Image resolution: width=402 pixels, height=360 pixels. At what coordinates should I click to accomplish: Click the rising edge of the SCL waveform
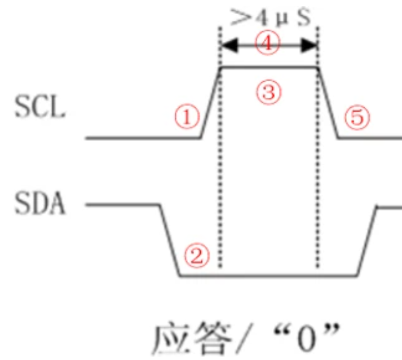click(211, 102)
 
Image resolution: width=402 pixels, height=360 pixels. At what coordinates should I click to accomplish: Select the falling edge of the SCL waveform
click(328, 102)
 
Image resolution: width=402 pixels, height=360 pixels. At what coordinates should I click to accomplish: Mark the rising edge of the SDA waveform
click(367, 242)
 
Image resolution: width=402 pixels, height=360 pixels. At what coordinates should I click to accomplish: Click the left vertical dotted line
click(219, 169)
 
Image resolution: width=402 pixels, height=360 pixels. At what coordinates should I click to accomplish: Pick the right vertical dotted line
click(319, 169)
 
